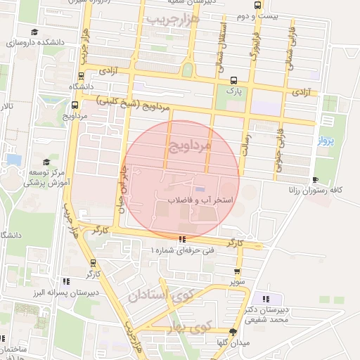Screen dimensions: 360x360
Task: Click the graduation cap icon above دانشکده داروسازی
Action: point(35,32)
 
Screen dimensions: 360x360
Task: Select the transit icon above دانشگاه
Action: point(82,75)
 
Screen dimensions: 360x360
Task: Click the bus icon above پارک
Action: point(233,80)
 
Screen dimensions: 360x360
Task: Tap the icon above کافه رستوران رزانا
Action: point(314,180)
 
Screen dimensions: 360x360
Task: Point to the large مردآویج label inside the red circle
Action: point(190,147)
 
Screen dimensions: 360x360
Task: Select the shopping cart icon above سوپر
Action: point(237,271)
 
